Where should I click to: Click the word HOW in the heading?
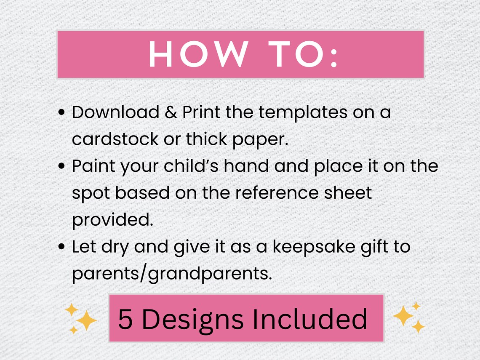[x=198, y=55]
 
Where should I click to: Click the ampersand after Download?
[x=171, y=113]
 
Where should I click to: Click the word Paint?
[x=93, y=166]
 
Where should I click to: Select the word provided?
[x=112, y=220]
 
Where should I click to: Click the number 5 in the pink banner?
[x=125, y=319]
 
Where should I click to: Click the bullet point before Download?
[x=62, y=113]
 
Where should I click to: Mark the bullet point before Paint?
[x=62, y=166]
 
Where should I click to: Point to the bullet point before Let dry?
[x=62, y=247]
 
